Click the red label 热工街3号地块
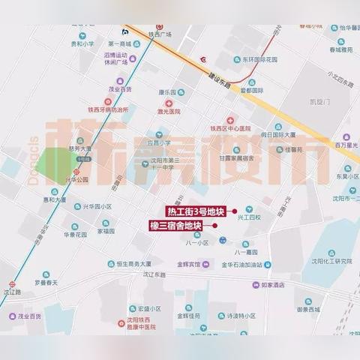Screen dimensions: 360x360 [x=197, y=211]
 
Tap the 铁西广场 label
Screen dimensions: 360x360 [x=160, y=34]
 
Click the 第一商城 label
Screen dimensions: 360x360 [x=124, y=44]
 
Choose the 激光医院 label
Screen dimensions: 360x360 [x=169, y=111]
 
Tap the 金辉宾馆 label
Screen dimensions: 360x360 [x=187, y=264]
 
